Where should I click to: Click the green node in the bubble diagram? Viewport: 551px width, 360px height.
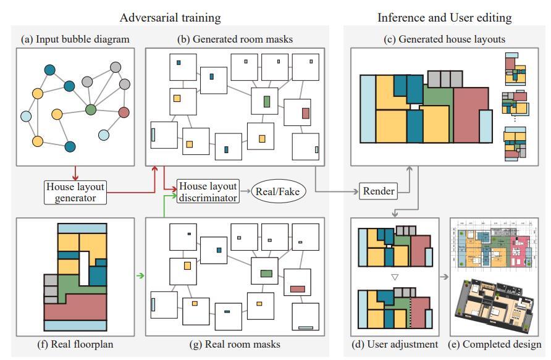pos(91,110)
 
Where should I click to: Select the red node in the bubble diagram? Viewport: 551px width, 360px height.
pos(124,112)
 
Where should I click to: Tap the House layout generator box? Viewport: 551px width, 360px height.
pos(75,192)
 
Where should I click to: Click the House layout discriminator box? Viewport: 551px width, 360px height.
pos(208,192)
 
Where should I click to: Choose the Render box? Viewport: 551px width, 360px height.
pos(379,191)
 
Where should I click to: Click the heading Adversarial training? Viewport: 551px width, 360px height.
pos(170,17)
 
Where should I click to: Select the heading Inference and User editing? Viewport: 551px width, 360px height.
pos(444,17)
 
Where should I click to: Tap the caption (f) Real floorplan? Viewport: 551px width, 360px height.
pos(76,344)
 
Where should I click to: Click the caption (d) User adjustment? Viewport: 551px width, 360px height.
pos(395,344)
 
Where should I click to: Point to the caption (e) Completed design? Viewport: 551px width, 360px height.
pos(502,344)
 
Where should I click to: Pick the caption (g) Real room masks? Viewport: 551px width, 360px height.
pos(236,344)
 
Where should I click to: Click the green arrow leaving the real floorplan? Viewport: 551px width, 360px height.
pos(141,276)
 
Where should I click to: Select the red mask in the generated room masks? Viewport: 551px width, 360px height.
pos(305,113)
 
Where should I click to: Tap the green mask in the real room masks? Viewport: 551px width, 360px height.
pos(266,273)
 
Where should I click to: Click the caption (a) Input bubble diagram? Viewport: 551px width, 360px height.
pos(75,40)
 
